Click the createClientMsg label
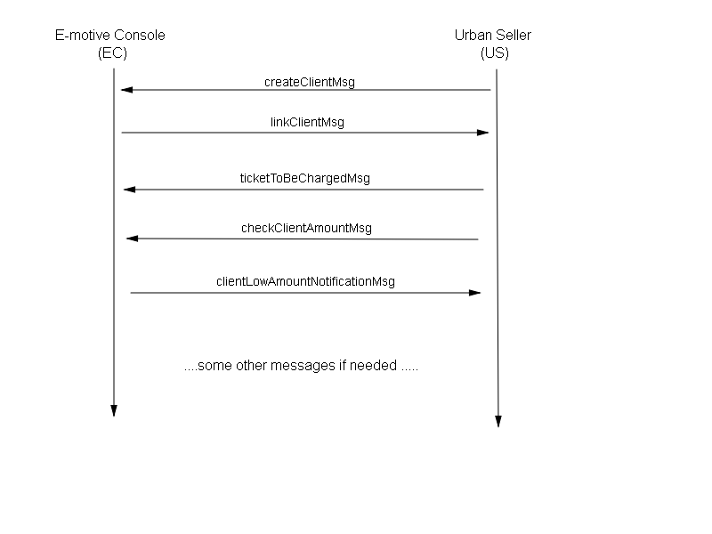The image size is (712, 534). pyautogui.click(x=309, y=82)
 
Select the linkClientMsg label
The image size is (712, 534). pyautogui.click(x=307, y=122)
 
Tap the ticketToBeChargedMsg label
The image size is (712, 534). pyautogui.click(x=304, y=179)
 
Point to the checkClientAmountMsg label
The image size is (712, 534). pyautogui.click(x=306, y=228)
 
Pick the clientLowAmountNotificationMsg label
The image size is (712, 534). pyautogui.click(x=305, y=281)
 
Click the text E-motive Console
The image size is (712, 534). pyautogui.click(x=109, y=36)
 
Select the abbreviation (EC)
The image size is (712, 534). pyautogui.click(x=112, y=53)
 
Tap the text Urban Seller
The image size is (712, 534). pyautogui.click(x=493, y=36)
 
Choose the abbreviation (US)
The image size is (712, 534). pyautogui.click(x=495, y=53)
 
